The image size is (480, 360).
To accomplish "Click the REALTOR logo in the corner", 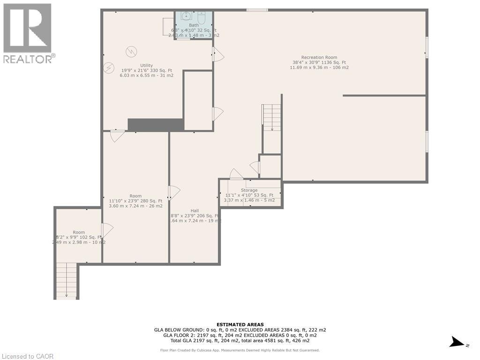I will (x=28, y=33).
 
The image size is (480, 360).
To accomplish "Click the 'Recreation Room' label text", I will (x=319, y=57).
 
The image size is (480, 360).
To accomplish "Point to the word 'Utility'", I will (x=146, y=65).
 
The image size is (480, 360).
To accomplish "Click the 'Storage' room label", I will (x=249, y=190).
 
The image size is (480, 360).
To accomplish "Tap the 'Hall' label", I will (x=194, y=210).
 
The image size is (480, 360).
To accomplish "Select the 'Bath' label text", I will (x=194, y=25).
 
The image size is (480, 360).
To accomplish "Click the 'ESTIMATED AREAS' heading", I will (x=240, y=324).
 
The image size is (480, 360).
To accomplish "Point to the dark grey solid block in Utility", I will (x=156, y=125).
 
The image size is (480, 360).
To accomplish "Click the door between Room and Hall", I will (x=174, y=192).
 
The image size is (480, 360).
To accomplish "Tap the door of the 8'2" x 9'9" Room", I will (x=107, y=230).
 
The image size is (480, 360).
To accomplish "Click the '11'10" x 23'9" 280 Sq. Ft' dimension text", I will (x=135, y=201).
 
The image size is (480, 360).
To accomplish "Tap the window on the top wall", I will (x=257, y=10).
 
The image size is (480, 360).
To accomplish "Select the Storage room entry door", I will (x=236, y=174).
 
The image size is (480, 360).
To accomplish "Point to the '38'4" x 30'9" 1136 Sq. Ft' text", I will (x=319, y=62).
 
